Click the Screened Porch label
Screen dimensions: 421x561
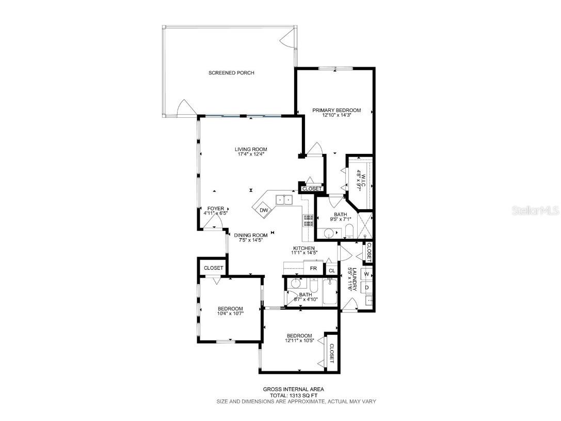(231, 73)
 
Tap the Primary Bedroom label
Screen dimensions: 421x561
(336, 110)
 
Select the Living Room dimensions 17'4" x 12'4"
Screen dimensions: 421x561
(251, 154)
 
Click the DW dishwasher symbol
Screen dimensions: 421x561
(264, 210)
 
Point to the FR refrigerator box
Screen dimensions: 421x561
(313, 269)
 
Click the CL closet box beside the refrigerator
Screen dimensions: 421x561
(331, 270)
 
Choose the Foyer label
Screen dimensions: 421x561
(216, 209)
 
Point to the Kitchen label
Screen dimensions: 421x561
(303, 248)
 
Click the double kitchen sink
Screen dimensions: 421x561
(283, 199)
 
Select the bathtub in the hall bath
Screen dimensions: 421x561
(329, 292)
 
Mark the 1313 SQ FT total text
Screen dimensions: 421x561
(295, 395)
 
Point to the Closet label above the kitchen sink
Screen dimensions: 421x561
(312, 189)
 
